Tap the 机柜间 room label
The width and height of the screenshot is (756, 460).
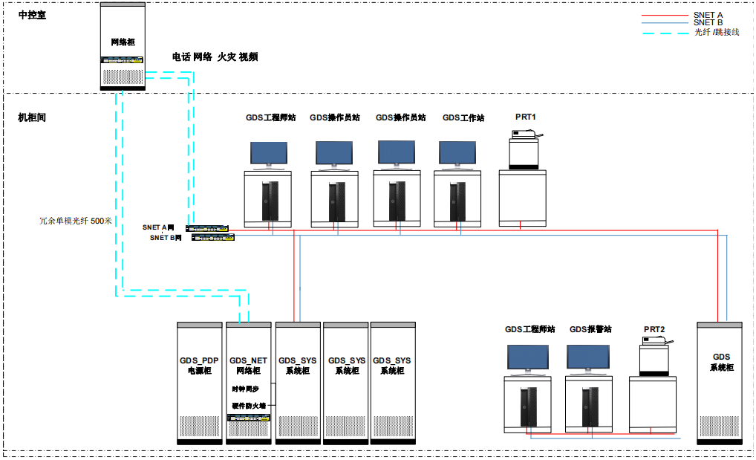coord(32,117)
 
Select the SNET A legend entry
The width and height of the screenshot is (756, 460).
coord(708,14)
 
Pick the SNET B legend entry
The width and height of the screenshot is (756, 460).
coord(708,23)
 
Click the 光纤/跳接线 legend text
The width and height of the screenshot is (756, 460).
coord(717,33)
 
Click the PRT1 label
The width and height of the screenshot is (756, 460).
coord(526,117)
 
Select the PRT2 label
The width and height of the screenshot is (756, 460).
coord(654,329)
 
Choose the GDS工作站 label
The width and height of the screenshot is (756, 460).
coord(463,117)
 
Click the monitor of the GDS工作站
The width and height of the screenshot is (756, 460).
coord(457,153)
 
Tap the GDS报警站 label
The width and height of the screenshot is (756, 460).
coord(590,329)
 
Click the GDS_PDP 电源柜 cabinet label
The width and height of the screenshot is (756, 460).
coord(199,365)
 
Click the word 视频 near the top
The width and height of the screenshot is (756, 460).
coord(248,57)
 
